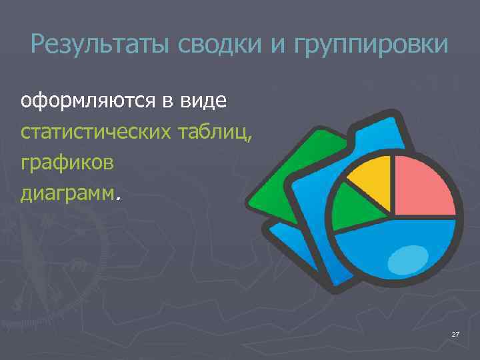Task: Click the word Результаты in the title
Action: [x=100, y=45]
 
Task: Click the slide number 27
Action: [x=455, y=334]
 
